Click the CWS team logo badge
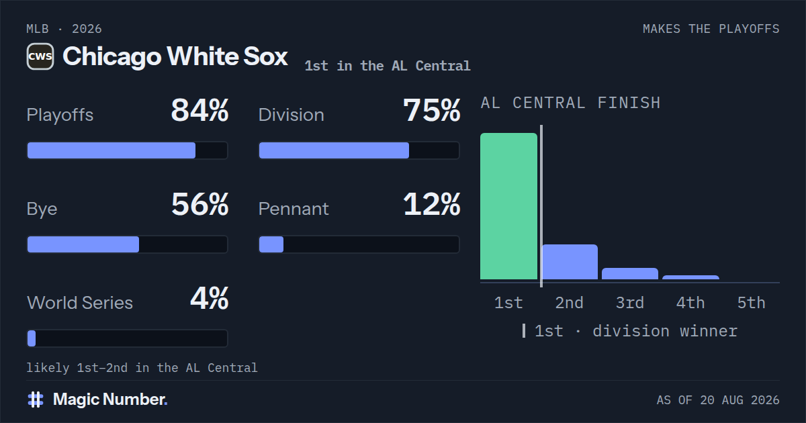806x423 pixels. click(x=40, y=56)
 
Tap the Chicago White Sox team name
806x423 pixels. click(x=175, y=57)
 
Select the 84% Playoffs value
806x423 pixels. click(x=199, y=110)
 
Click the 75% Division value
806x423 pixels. click(x=431, y=110)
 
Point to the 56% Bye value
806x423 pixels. click(x=199, y=204)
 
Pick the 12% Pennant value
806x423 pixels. click(x=431, y=204)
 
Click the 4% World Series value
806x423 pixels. click(x=210, y=298)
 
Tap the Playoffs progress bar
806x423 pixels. click(x=128, y=150)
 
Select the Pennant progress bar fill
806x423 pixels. click(x=271, y=244)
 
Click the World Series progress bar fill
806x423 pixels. click(x=32, y=338)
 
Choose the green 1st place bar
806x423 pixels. click(x=509, y=206)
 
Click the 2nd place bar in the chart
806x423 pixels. click(x=570, y=262)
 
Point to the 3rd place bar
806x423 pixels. click(x=630, y=274)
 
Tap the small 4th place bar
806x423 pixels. click(x=691, y=277)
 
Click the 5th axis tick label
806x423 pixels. click(x=752, y=303)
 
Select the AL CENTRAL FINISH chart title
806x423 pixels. click(x=571, y=103)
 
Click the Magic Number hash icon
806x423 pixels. click(x=36, y=399)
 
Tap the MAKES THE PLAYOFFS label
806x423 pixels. click(x=711, y=29)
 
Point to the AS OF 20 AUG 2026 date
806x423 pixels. click(x=718, y=400)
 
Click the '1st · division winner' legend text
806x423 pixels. click(x=636, y=331)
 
